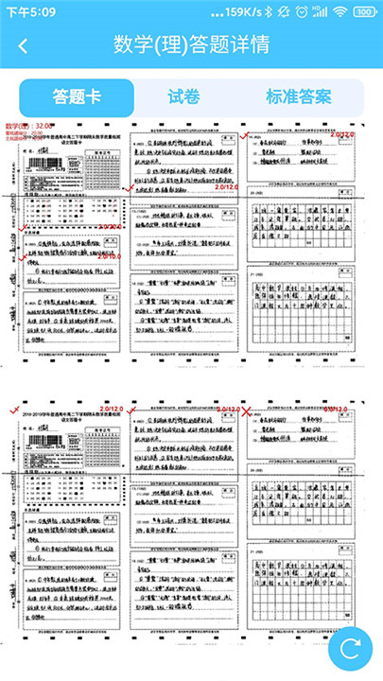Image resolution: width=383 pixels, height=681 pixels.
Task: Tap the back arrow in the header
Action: [23, 45]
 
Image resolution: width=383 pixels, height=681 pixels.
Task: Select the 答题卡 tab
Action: [77, 96]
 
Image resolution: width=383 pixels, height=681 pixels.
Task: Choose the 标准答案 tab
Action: [299, 96]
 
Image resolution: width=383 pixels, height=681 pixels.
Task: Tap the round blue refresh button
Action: [350, 648]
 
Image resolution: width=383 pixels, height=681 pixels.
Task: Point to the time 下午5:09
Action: [31, 12]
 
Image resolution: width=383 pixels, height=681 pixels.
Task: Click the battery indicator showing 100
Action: [364, 12]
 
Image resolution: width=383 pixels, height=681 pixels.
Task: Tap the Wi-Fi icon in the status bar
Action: [339, 12]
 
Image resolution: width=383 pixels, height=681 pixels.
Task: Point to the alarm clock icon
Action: [302, 12]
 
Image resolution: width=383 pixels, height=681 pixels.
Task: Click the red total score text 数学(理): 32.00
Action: [31, 126]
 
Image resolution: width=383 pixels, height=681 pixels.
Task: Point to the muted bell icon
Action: [284, 12]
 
